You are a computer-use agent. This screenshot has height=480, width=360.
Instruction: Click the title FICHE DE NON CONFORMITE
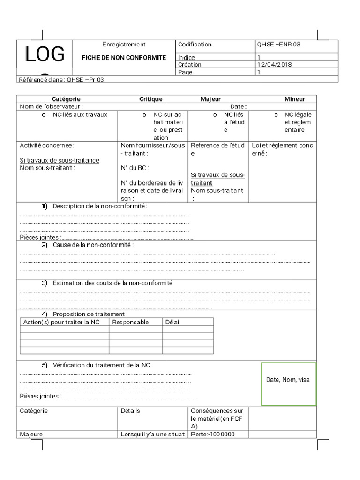point(124,58)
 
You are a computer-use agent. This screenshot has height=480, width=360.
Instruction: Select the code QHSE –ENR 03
point(278,45)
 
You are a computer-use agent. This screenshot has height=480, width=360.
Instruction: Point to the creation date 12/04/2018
point(274,65)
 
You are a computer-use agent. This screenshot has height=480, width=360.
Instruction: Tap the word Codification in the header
point(195,45)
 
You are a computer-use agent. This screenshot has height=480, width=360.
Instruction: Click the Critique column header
point(151,99)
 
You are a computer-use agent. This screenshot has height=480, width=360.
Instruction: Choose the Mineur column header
point(294,99)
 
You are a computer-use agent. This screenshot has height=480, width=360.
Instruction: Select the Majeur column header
point(210,99)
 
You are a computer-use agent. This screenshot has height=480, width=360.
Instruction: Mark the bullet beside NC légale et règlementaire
point(276,115)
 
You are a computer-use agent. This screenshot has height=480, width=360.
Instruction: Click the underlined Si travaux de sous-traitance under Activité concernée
point(60,160)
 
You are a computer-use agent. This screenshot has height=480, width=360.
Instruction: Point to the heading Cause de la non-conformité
point(93,245)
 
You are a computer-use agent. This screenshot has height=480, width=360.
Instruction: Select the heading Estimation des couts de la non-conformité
point(112,283)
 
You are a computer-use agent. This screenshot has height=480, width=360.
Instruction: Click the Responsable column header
point(130,322)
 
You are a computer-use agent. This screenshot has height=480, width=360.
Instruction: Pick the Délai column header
point(172,322)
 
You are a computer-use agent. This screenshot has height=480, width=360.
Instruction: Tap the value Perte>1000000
point(213,435)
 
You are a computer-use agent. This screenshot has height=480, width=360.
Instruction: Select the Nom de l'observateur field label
point(51,107)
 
